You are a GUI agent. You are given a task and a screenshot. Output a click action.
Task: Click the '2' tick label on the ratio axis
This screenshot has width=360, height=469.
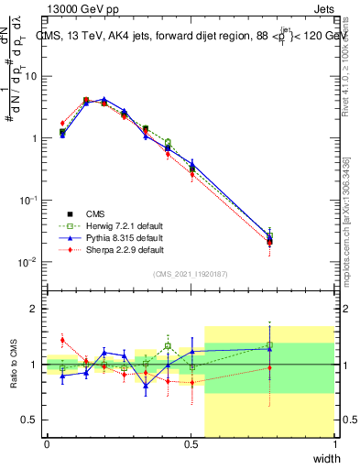click(x=34, y=309)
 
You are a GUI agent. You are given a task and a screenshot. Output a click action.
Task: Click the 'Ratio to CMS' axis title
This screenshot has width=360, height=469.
click(x=13, y=365)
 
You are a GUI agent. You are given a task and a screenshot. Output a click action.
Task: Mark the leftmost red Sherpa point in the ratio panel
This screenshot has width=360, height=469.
click(x=62, y=340)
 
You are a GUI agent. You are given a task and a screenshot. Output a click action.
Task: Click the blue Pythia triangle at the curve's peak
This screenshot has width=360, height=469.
click(x=104, y=99)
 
